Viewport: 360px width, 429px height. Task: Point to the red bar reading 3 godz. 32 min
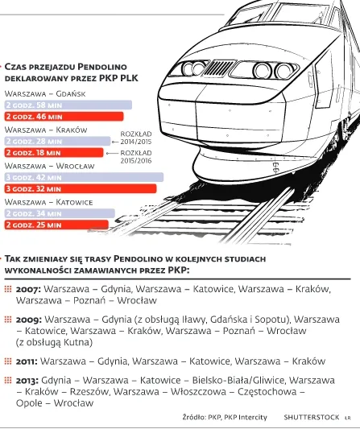(x=80, y=188)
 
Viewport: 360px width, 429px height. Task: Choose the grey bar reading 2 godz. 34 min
(x=60, y=213)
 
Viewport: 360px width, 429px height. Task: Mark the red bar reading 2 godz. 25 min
(x=56, y=225)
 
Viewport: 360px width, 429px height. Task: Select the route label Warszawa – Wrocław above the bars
(x=44, y=165)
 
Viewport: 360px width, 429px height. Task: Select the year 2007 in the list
(x=27, y=288)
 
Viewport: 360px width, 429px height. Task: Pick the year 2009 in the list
(x=27, y=319)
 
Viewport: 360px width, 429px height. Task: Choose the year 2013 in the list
(x=27, y=379)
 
